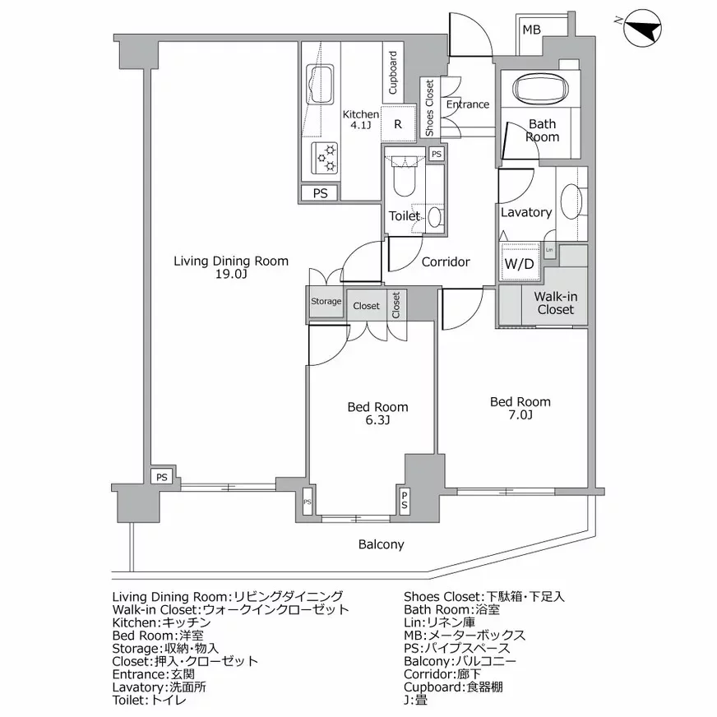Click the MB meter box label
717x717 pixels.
(532, 30)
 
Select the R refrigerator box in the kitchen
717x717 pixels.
(398, 124)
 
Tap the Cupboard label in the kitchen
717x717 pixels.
(393, 72)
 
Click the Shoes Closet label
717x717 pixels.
(429, 108)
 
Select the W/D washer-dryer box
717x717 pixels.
(518, 264)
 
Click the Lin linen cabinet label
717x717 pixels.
(548, 250)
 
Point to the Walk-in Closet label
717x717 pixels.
(556, 303)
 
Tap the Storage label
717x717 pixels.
(326, 302)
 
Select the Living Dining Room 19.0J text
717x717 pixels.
(230, 268)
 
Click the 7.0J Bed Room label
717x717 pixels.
(520, 408)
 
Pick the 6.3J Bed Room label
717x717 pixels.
(377, 414)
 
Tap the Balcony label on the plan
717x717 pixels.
(381, 544)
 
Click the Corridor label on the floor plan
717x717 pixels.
(445, 262)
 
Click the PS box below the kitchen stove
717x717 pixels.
(321, 193)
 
